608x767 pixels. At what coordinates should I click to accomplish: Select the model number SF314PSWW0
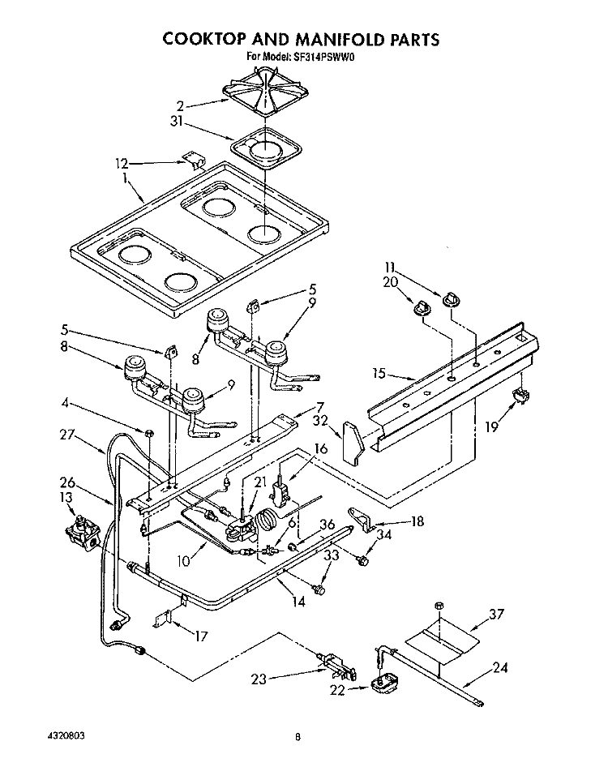(x=323, y=57)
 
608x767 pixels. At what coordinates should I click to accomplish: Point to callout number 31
(x=176, y=121)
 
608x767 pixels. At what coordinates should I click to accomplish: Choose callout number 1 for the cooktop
(x=125, y=179)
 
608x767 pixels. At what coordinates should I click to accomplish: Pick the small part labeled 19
(x=521, y=394)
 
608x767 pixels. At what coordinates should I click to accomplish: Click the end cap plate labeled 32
(x=353, y=443)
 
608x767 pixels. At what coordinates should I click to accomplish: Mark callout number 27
(x=67, y=435)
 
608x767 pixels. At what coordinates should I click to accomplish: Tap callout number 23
(x=259, y=679)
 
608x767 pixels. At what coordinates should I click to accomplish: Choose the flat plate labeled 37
(x=443, y=643)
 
